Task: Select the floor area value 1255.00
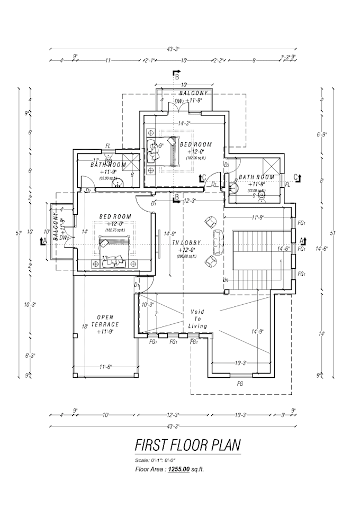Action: point(179,469)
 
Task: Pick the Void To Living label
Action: point(197,319)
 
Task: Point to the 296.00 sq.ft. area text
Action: point(187,256)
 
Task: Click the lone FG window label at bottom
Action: point(239,382)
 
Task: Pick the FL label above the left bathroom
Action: point(107,146)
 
